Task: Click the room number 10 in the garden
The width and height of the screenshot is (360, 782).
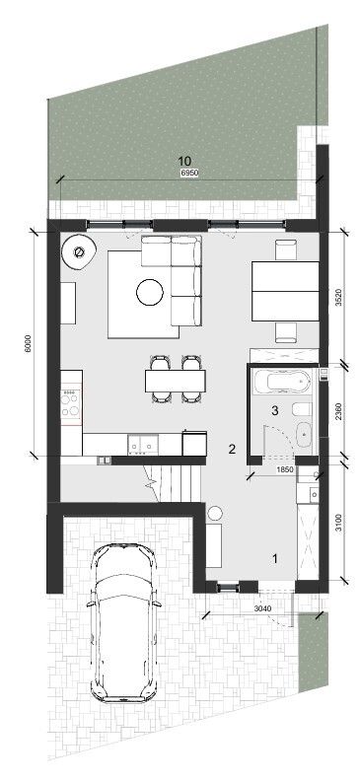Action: (184, 161)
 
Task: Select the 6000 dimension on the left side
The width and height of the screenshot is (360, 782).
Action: (28, 343)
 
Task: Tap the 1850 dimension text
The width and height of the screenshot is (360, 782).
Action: (284, 469)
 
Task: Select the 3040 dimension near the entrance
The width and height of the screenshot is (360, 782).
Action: (261, 607)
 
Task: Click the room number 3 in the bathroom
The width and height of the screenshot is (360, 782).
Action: (274, 410)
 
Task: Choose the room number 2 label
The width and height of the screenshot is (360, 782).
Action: (232, 449)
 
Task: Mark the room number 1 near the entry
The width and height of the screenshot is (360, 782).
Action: (274, 558)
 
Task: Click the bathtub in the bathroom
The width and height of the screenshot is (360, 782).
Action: (281, 382)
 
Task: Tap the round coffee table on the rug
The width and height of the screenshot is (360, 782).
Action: (150, 292)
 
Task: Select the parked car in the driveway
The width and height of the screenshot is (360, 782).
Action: (124, 623)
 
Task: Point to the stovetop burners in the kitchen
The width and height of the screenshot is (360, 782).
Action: (71, 402)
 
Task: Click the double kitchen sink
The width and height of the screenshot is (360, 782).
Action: (143, 445)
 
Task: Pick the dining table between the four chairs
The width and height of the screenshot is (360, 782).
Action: (176, 381)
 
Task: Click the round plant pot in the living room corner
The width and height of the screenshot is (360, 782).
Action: (78, 252)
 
